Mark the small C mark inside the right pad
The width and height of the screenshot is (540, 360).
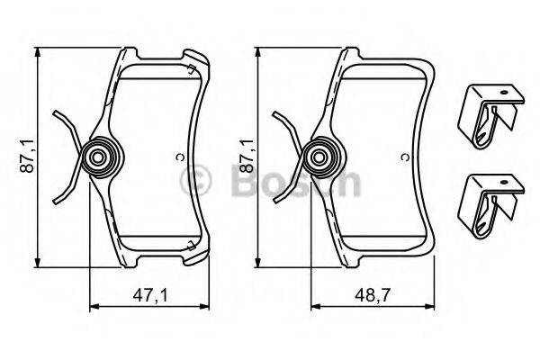[x=405, y=158]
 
